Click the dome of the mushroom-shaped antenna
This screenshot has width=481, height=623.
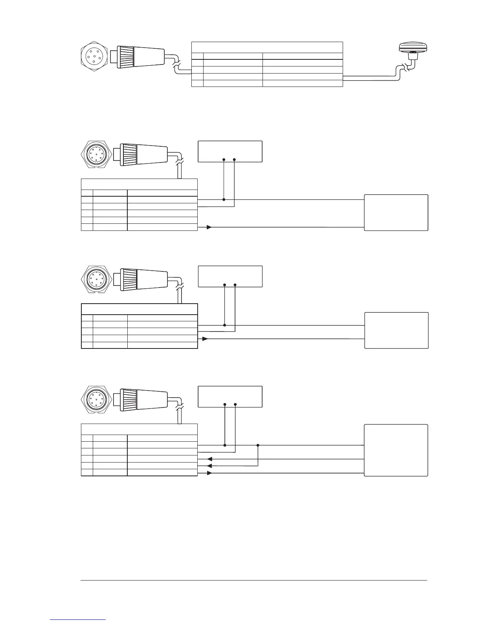tap(411, 47)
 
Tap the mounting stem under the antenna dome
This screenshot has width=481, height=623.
tap(412, 57)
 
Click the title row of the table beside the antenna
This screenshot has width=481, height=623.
tap(267, 47)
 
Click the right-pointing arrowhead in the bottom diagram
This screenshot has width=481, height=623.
tap(209, 473)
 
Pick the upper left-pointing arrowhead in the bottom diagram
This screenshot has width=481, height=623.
tap(209, 459)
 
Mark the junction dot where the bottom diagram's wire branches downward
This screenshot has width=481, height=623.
tap(258, 445)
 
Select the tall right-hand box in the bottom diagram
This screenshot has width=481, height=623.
tap(396, 450)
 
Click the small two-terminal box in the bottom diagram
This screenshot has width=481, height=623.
tap(230, 396)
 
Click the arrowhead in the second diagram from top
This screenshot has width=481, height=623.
tap(209, 227)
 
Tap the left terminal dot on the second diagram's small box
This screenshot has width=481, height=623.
tap(224, 160)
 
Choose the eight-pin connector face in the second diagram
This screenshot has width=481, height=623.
tap(94, 154)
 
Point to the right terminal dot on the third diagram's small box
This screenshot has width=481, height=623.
tap(235, 284)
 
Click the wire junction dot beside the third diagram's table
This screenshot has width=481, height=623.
tap(224, 325)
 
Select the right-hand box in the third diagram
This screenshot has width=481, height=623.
tap(396, 330)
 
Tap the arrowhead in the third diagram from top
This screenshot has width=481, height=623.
tap(205, 338)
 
